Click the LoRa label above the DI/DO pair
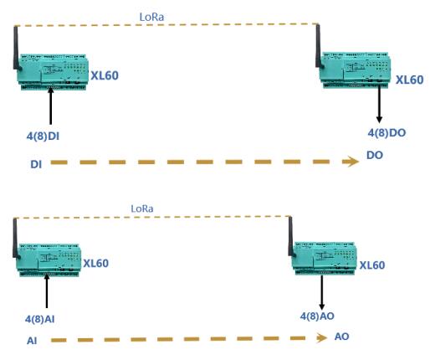click(151, 17)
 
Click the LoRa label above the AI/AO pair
click(142, 208)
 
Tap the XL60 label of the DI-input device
click(105, 75)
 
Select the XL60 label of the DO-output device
click(410, 80)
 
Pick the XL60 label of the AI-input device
click(96, 263)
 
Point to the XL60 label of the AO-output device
click(372, 265)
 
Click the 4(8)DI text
click(43, 136)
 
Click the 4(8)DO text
click(386, 133)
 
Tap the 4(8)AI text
click(40, 319)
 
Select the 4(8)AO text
click(317, 316)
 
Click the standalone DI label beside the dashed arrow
click(36, 164)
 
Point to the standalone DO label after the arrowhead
click(375, 155)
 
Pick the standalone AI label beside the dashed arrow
click(32, 341)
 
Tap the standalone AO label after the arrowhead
click(341, 337)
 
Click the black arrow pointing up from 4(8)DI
click(50, 105)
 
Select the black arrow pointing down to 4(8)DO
click(379, 104)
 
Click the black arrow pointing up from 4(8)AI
click(47, 291)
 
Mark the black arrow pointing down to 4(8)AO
click(322, 292)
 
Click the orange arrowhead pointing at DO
click(351, 162)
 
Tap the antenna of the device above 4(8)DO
click(319, 46)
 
